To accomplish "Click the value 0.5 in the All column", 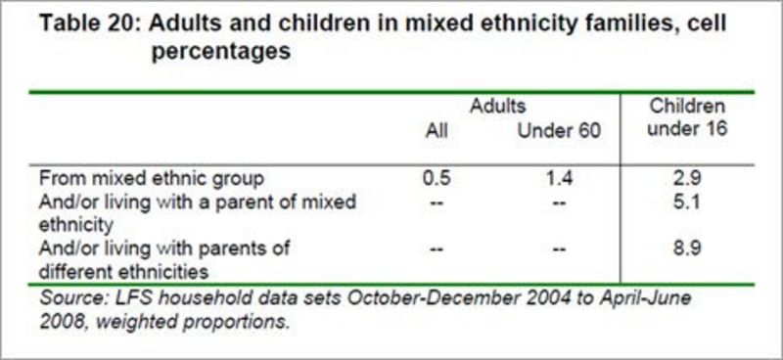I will coord(438,178).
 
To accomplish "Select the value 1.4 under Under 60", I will coord(559,178).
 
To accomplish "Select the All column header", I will coord(438,130).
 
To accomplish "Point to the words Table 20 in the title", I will coord(85,24).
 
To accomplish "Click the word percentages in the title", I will coord(221,52).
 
